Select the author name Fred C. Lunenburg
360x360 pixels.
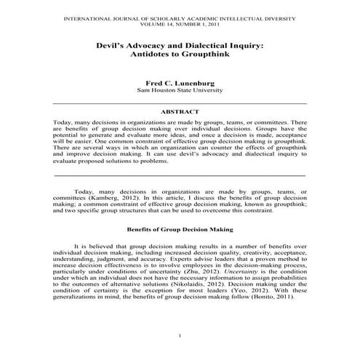(x=179, y=83)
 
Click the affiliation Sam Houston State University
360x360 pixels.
(x=179, y=92)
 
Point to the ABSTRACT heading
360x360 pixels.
(x=179, y=112)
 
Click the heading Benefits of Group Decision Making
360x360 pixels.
(x=179, y=229)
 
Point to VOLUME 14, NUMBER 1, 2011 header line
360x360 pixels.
(x=179, y=22)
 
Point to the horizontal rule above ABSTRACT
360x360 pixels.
(x=179, y=104)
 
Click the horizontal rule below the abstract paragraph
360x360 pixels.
(x=179, y=175)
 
